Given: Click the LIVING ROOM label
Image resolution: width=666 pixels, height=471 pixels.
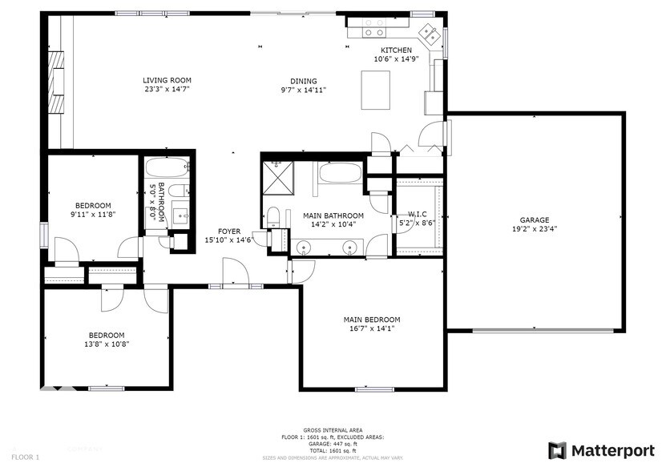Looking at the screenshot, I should (167, 80).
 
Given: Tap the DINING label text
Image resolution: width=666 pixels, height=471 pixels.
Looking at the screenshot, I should (304, 81).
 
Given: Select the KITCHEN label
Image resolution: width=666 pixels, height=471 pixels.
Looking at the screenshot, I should (396, 50).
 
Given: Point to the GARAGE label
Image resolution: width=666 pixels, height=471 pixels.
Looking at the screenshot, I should (535, 220).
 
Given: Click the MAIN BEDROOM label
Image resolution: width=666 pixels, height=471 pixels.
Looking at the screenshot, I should (372, 318).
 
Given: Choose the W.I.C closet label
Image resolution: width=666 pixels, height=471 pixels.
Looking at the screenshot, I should (417, 215).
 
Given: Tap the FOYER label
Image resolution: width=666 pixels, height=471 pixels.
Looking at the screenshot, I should (229, 231).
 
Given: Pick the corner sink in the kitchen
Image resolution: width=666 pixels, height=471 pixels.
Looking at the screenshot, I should (429, 34).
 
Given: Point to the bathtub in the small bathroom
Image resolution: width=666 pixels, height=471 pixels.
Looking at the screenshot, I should (167, 169).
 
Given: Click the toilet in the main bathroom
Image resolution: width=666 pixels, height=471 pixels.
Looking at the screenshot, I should (272, 217).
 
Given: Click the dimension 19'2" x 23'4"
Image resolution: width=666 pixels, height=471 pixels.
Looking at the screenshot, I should (535, 229).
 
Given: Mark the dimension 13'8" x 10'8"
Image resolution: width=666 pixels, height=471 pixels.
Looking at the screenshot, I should (106, 344).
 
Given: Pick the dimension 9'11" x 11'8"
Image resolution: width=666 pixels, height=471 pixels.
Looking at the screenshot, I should (93, 214).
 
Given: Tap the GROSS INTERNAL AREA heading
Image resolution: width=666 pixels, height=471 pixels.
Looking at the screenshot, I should (327, 430).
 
